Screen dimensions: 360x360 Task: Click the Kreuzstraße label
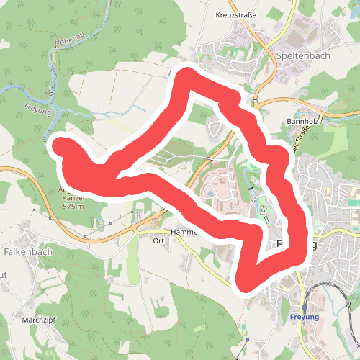pyautogui.click(x=235, y=14)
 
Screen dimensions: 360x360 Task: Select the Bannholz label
pyautogui.click(x=302, y=122)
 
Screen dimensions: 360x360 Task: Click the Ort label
pyautogui.click(x=159, y=241)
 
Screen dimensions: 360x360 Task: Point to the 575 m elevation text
pyautogui.click(x=73, y=207)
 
